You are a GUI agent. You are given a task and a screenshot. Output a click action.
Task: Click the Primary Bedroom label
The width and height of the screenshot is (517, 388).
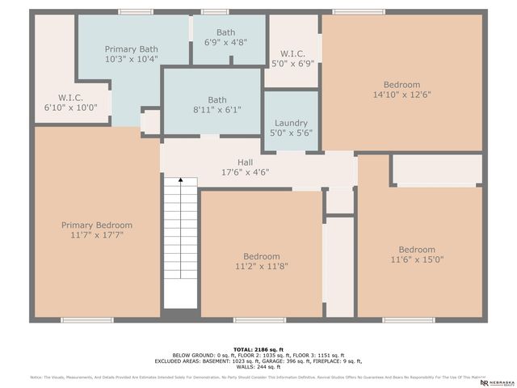click(97, 225)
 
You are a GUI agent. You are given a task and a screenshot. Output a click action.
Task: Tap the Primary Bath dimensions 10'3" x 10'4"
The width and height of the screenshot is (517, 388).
click(131, 60)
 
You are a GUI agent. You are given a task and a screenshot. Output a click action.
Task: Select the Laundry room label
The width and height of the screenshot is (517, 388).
click(291, 123)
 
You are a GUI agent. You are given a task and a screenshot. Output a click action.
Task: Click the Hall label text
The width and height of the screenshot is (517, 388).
click(245, 162)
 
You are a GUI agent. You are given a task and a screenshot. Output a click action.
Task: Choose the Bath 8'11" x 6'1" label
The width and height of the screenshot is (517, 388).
click(217, 100)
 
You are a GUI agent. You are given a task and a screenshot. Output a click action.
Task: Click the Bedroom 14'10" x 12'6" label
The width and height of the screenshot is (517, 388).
click(401, 85)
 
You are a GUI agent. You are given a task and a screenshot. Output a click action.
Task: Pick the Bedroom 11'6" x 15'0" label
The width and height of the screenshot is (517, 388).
click(417, 250)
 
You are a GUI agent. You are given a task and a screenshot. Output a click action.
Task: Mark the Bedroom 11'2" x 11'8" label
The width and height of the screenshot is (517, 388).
click(262, 256)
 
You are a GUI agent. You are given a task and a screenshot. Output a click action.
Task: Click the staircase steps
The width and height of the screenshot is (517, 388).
click(181, 251)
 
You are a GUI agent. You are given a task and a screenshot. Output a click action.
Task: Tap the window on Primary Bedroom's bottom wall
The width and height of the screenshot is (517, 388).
click(87, 320)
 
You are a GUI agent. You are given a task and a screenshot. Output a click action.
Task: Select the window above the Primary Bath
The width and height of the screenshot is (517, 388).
click(136, 11)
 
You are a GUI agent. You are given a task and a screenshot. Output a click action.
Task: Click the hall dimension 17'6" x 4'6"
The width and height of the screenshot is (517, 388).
click(245, 171)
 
